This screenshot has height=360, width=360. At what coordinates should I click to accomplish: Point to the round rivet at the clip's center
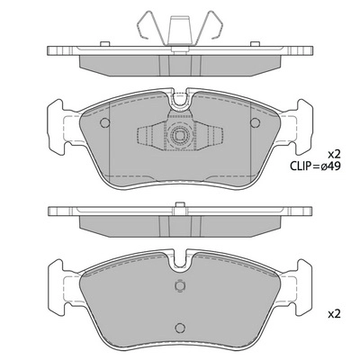(181, 138)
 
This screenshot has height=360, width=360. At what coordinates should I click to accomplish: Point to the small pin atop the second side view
(181, 202)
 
